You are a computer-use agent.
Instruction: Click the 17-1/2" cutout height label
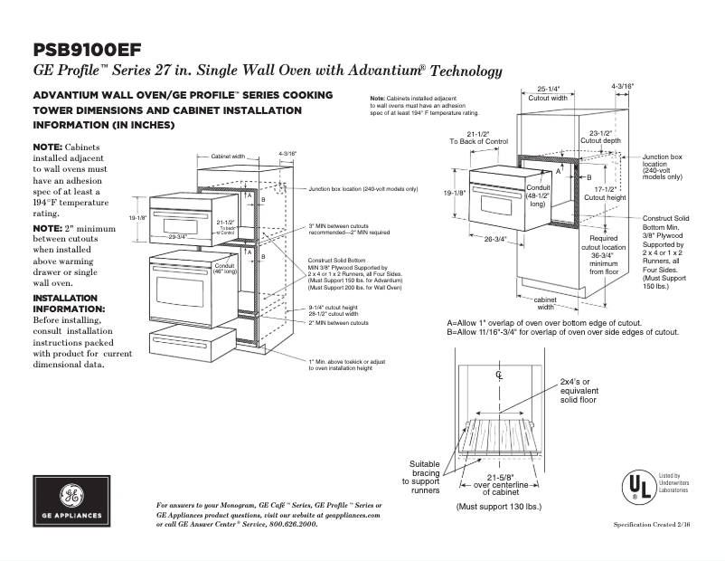click(x=604, y=193)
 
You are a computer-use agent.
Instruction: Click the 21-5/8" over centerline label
click(x=500, y=483)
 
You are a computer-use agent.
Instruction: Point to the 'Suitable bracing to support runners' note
click(x=424, y=476)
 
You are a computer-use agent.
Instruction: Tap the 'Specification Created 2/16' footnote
click(x=662, y=525)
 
